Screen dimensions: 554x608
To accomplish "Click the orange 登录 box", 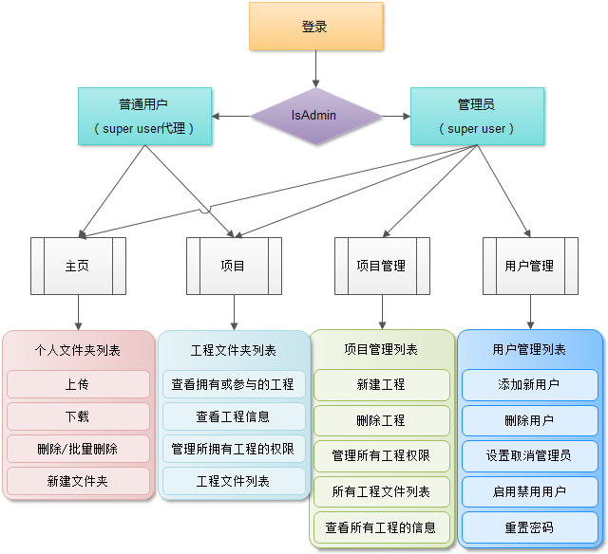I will pyautogui.click(x=315, y=27).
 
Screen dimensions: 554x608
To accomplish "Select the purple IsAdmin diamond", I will pyautogui.click(x=314, y=116).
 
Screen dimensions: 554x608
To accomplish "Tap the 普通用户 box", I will pyautogui.click(x=144, y=116).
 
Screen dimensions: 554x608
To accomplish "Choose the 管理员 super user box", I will pyautogui.click(x=477, y=116).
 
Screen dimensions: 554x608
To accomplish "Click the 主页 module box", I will pyautogui.click(x=78, y=266).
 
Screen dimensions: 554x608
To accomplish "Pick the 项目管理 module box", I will pyautogui.click(x=382, y=266).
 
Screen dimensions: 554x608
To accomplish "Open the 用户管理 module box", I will pyautogui.click(x=530, y=266).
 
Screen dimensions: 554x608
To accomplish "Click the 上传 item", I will pyautogui.click(x=78, y=384).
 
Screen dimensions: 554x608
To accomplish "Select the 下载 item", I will pyautogui.click(x=78, y=416).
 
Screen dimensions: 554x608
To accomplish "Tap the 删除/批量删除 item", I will pyautogui.click(x=78, y=449).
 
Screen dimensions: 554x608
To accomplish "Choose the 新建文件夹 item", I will pyautogui.click(x=78, y=481).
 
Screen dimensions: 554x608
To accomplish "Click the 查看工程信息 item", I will pyautogui.click(x=233, y=416).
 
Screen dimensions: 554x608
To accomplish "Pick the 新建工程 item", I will pyautogui.click(x=381, y=384).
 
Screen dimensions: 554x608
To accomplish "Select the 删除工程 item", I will pyautogui.click(x=381, y=420).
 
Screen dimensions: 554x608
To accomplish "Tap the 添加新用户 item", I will pyautogui.click(x=529, y=384).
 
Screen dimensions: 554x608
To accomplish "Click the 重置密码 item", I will pyautogui.click(x=529, y=526).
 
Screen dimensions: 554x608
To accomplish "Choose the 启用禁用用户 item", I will pyautogui.click(x=529, y=491).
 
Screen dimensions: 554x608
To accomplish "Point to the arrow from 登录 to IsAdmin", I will pyautogui.click(x=315, y=68).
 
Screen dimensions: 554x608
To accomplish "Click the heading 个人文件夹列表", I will pyautogui.click(x=78, y=350).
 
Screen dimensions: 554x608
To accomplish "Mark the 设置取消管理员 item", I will pyautogui.click(x=529, y=455).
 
